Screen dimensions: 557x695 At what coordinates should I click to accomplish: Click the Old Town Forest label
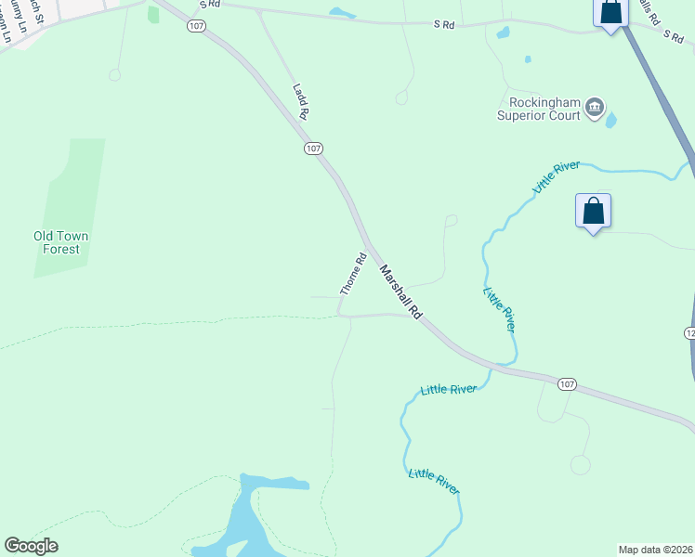pos(62,242)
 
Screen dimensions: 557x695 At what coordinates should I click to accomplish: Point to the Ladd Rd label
pos(300,101)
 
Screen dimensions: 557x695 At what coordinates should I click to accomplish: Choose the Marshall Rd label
pos(401,292)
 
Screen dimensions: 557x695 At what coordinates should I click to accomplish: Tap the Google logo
pos(31,546)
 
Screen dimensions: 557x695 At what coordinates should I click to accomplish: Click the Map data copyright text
pos(655,549)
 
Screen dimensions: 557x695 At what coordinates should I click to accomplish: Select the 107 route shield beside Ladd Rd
pos(313,148)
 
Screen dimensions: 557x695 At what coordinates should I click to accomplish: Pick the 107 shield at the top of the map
pos(195,26)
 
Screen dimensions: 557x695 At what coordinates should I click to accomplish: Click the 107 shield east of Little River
pos(568,383)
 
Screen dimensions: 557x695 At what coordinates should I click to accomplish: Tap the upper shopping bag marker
pos(610,13)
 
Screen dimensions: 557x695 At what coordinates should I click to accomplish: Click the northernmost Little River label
pos(556,176)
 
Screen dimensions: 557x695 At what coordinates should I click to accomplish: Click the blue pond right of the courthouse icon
pos(610,120)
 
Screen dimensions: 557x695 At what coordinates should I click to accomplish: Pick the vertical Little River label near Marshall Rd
pos(499,310)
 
